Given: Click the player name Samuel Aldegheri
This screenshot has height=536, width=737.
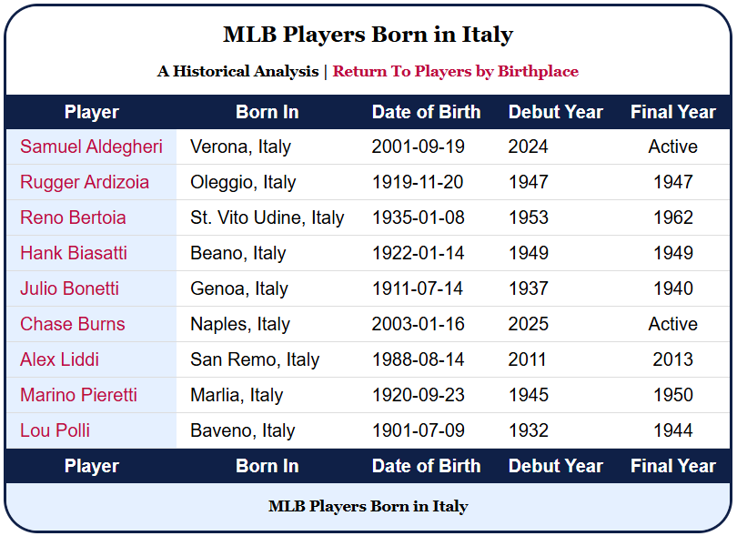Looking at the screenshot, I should pos(91,147).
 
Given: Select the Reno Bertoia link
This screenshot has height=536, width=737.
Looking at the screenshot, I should pos(73,217).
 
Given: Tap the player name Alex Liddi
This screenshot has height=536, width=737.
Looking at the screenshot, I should pos(59,359).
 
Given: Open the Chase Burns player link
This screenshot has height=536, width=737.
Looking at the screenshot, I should pos(73,324).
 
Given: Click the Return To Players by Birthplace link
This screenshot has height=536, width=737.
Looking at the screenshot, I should pos(455,71).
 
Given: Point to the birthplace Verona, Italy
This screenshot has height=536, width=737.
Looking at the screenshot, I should pos(240,147).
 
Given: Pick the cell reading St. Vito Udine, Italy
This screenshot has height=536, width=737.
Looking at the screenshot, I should pos(267,217).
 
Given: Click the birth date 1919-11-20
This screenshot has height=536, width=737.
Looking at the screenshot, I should pos(418,182).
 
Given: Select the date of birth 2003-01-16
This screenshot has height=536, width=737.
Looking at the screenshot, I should pos(418,324).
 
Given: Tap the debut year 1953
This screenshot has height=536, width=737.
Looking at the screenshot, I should pos(528,217).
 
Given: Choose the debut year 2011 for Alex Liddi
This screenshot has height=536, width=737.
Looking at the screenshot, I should pos(527,359).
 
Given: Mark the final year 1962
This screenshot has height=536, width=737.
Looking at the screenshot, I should pos(673,217).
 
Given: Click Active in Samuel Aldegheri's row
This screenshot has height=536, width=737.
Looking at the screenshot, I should pos(673,147).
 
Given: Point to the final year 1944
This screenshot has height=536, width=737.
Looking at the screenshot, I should pos(673,430).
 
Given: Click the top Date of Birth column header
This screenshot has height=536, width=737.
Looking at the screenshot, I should pos(426,112).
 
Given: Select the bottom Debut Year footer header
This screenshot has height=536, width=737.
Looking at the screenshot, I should pos(555,466).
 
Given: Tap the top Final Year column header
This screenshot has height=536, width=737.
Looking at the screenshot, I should pos(673,112).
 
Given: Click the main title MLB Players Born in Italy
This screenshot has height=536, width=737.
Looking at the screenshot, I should pos(368,35).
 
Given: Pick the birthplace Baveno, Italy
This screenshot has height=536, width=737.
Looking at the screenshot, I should pos(242,430).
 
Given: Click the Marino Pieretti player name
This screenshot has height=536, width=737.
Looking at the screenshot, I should pos(78,395).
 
